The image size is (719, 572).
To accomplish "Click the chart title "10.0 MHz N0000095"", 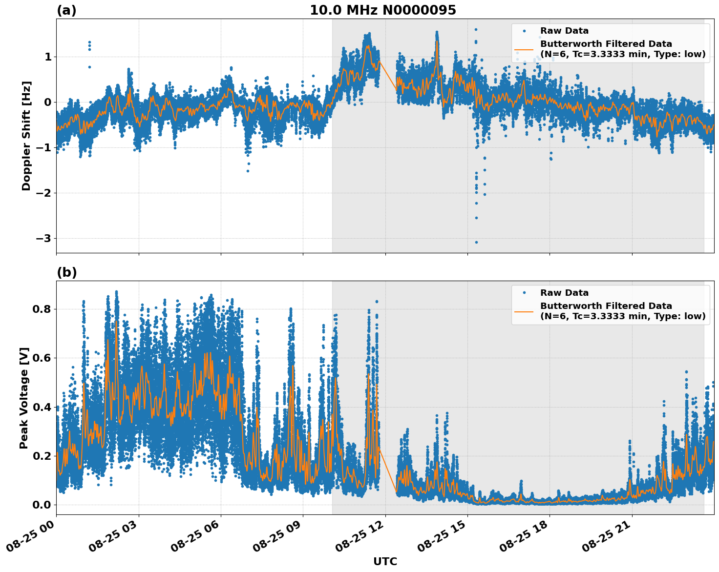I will point(382,10).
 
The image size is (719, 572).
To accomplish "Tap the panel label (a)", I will point(66,10).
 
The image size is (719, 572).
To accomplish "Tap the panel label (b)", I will point(66,272).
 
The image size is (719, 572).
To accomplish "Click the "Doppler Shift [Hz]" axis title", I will point(26,136).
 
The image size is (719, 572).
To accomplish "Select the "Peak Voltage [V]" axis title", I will point(24,398).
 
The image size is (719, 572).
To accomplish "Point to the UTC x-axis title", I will point(385,561).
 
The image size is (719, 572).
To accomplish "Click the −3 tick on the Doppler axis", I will point(43,238).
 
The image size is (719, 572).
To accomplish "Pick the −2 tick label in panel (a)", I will point(43,193).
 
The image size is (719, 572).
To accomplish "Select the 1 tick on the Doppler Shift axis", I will point(48,57).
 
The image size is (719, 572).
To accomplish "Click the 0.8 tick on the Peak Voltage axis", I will point(42,309).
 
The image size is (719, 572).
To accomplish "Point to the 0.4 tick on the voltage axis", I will point(42,407).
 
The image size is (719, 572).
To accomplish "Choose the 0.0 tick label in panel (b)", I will point(42,505).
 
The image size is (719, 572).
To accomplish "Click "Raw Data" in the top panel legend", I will point(564,31).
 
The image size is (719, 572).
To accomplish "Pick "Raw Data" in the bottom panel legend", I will point(564,293).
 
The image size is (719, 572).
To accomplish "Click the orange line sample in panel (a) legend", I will point(524,49).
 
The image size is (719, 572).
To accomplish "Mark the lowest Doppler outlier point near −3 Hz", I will point(476,242).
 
